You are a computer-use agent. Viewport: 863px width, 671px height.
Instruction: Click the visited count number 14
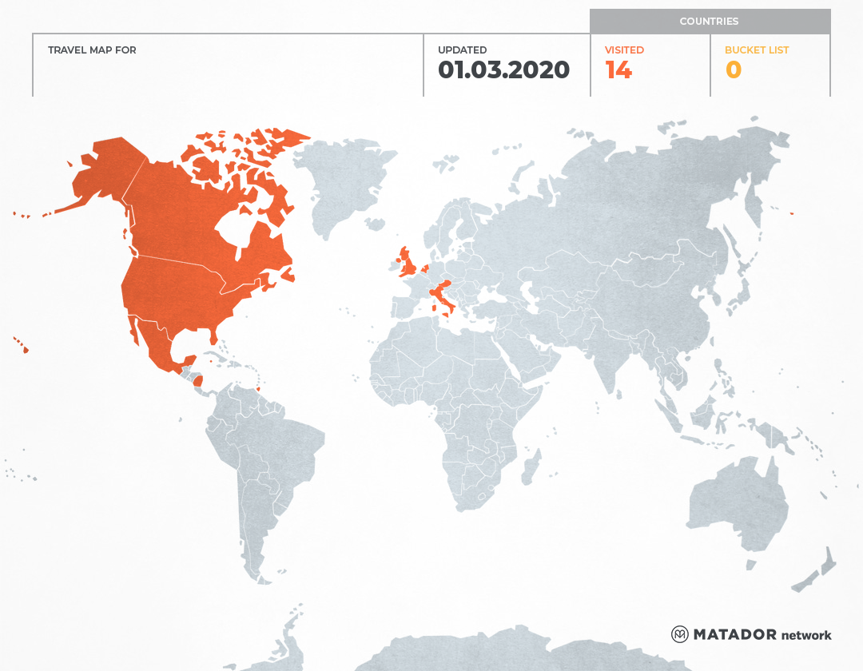pos(618,70)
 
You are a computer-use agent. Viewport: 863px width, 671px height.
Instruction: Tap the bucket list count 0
pos(733,70)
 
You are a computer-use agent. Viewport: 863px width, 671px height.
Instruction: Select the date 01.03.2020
pos(503,70)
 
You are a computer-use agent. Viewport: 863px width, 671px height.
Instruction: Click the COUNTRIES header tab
pos(709,22)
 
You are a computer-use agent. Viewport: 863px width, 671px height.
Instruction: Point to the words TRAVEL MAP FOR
pos(92,50)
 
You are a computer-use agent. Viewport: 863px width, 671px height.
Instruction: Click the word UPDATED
pos(462,50)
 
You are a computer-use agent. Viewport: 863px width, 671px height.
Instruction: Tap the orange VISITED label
pos(624,50)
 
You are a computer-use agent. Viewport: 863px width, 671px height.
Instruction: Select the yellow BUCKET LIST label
pos(756,50)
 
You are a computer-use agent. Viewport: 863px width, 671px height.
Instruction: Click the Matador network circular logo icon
pos(680,634)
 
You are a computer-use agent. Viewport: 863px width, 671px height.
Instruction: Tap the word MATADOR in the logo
pos(734,634)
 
